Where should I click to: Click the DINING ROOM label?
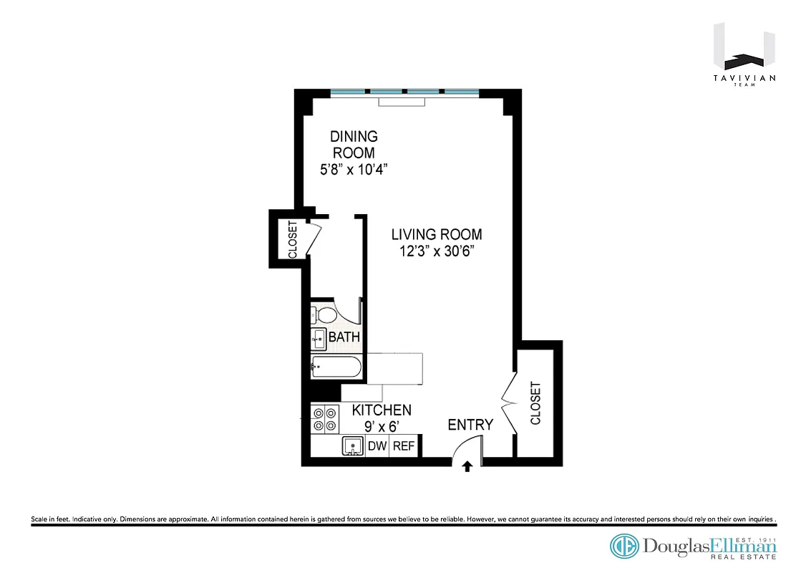353,144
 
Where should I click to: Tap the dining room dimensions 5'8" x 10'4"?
353,170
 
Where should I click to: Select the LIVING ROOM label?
437,234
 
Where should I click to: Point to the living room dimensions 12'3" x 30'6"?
437,251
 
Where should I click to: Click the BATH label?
344,337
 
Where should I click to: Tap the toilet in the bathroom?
324,315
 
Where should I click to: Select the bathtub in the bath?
336,368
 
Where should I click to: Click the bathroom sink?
319,339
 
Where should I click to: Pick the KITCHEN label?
382,410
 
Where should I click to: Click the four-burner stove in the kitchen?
324,418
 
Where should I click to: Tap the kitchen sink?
352,447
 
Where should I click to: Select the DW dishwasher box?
377,446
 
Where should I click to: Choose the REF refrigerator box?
404,446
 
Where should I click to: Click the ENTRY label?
470,425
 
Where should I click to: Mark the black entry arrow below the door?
467,467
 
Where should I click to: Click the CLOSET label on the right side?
535,403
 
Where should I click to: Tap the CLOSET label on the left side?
292,239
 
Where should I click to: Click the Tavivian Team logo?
744,57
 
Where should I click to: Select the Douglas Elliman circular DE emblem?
624,546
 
